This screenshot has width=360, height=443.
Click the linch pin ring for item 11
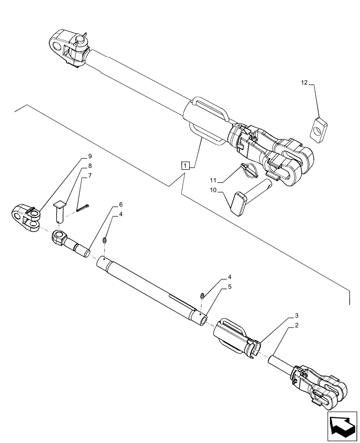pos(247,170)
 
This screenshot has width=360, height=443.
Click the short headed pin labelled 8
pos(59,212)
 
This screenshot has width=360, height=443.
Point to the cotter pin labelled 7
pos(83,208)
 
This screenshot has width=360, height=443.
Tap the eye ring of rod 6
pos(58,237)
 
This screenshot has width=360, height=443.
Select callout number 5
pos(230,287)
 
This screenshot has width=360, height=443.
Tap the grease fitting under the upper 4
pos(105,241)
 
